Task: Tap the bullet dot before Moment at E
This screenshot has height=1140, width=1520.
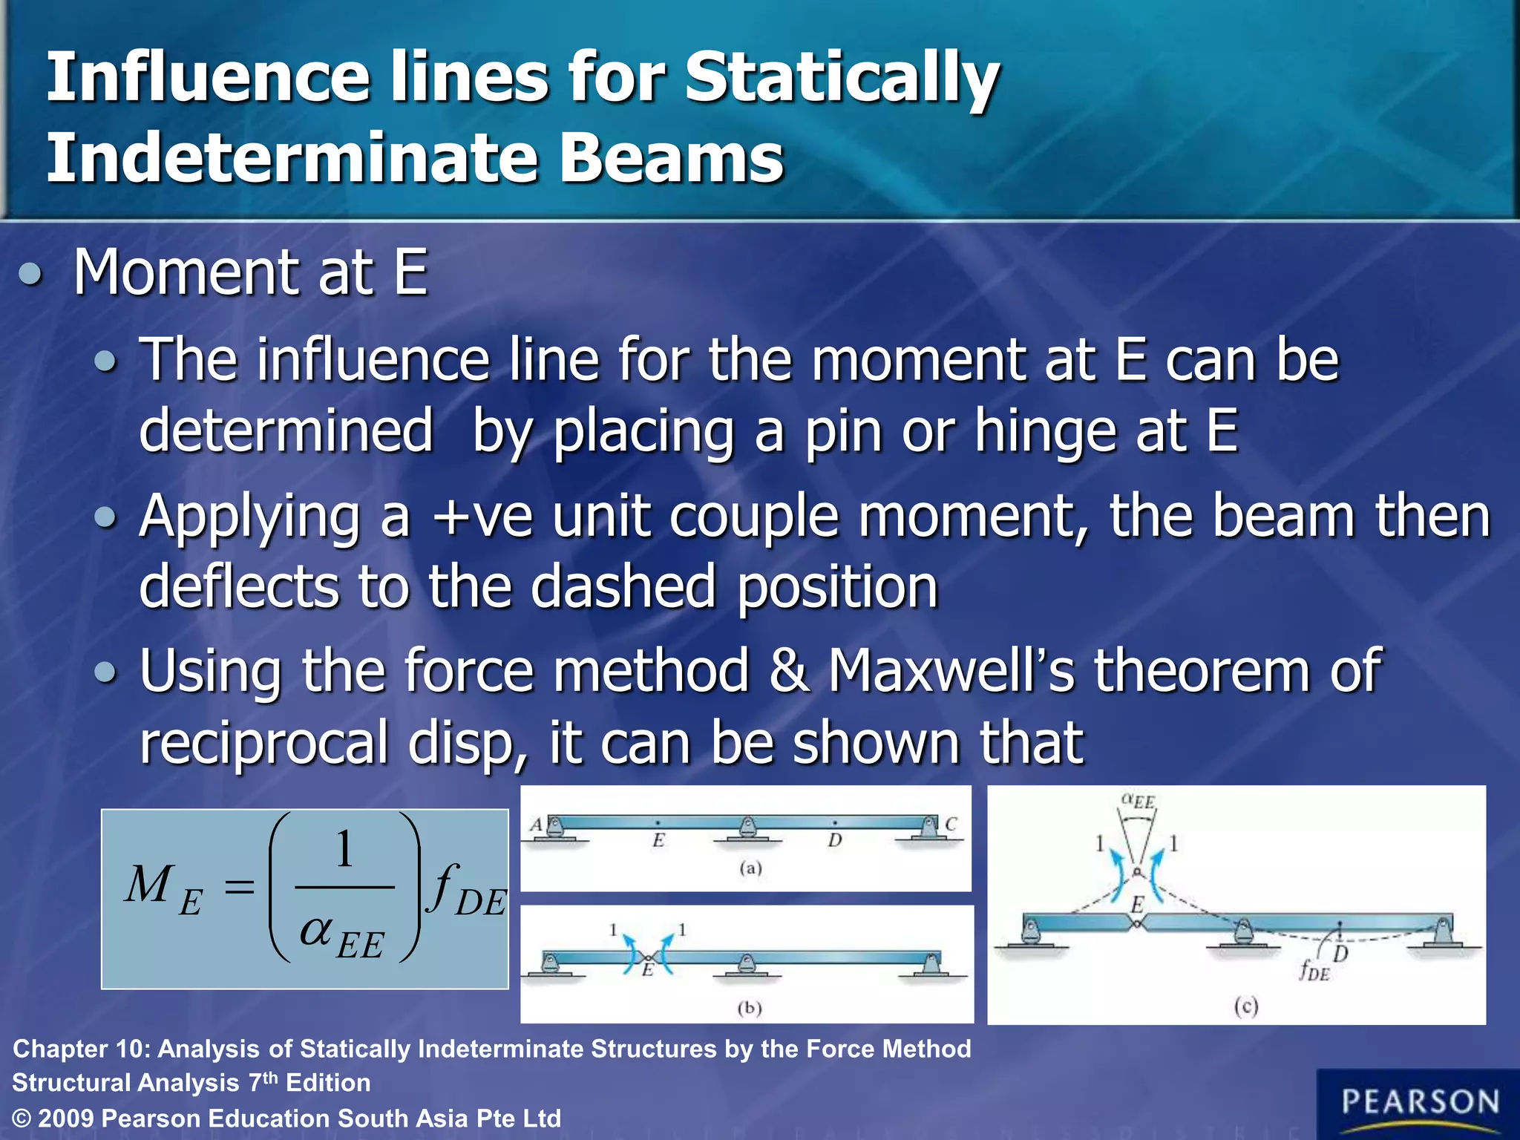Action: pos(30,275)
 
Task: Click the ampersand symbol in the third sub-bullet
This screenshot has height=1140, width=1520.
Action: pos(788,670)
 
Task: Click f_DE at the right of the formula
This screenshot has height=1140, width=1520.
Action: pos(468,891)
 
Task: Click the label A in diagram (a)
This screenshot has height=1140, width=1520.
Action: pos(536,825)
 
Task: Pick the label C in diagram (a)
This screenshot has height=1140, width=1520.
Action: pos(951,824)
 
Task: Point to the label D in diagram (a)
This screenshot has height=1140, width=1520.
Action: pos(835,840)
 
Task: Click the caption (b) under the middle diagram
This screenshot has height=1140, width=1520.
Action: pos(750,1007)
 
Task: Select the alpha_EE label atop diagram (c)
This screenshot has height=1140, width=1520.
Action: pos(1138,802)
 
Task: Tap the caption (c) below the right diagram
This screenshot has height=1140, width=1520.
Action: pos(1246,1006)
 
